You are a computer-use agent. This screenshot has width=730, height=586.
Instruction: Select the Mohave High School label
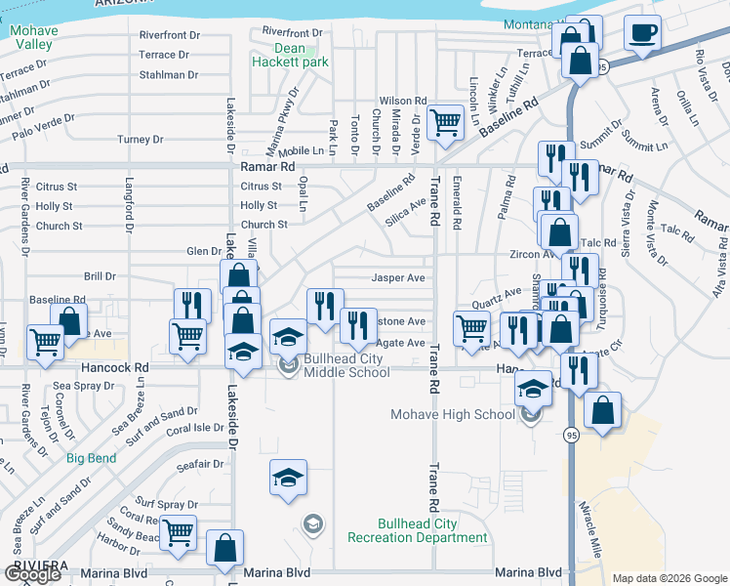tap(452, 414)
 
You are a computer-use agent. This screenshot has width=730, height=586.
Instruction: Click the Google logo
tap(32, 573)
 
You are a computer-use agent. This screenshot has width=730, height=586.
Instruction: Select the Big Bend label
tap(91, 458)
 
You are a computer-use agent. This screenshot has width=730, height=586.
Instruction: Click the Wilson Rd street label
tap(403, 101)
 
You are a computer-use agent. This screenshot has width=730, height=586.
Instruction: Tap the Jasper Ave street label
tap(398, 278)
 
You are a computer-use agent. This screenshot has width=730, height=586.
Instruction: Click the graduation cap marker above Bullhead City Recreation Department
tap(288, 478)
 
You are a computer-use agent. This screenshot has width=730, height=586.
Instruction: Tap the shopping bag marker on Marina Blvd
tap(224, 549)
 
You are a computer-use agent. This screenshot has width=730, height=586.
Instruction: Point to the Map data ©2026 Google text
tap(669, 578)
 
